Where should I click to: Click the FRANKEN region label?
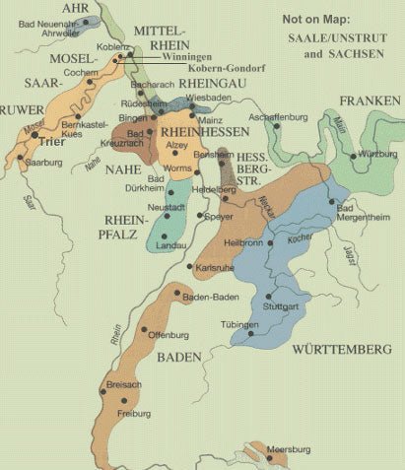coord(370,101)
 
